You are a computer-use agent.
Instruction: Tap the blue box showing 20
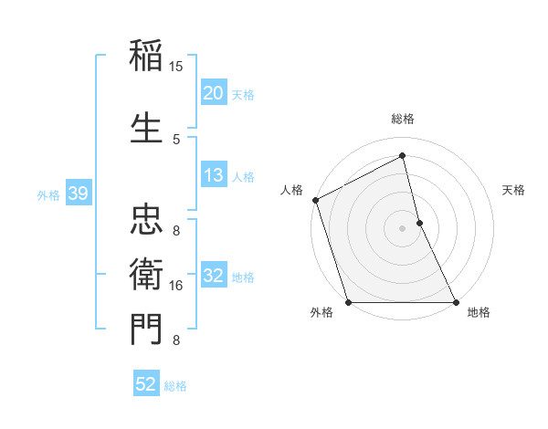tap(214, 93)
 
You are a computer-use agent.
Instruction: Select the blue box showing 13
tap(214, 176)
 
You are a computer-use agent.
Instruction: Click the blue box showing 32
tap(214, 277)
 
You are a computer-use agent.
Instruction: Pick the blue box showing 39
tap(78, 194)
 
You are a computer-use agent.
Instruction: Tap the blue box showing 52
tap(146, 385)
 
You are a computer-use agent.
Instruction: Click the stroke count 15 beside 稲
tap(176, 67)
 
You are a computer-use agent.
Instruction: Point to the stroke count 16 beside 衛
tap(176, 286)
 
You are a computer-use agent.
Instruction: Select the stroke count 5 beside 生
tap(176, 139)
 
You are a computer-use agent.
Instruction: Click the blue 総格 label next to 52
tap(175, 386)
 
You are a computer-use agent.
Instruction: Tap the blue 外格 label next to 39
tap(48, 194)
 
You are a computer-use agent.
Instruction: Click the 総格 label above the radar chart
tap(403, 119)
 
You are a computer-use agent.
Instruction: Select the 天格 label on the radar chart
tap(513, 190)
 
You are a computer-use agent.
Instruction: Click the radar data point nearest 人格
tap(315, 200)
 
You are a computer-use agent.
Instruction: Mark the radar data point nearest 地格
tap(455, 301)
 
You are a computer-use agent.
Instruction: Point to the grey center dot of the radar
tap(402, 227)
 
